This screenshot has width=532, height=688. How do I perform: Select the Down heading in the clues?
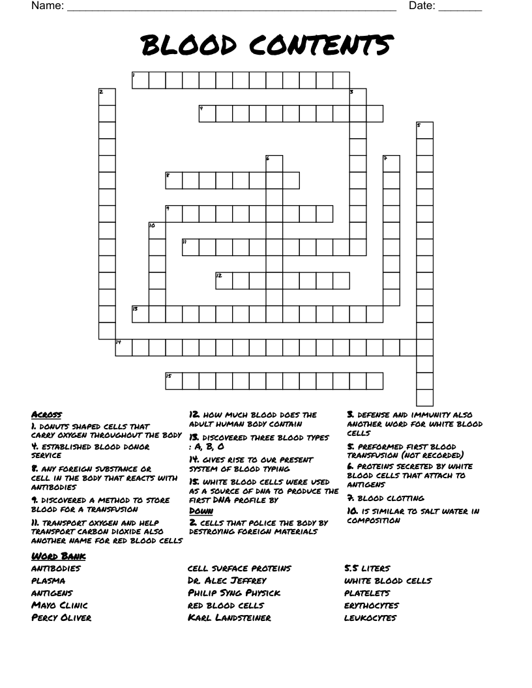click(x=201, y=511)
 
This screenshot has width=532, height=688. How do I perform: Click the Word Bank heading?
click(x=59, y=556)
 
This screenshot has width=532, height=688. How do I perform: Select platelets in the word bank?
click(x=368, y=593)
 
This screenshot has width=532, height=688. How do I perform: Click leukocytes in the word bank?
click(x=370, y=618)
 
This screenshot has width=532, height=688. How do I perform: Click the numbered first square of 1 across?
click(x=141, y=80)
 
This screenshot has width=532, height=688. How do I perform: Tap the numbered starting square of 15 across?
click(x=173, y=380)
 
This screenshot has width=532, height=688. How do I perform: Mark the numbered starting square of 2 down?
click(x=107, y=96)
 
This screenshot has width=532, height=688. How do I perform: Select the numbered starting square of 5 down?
click(x=424, y=130)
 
